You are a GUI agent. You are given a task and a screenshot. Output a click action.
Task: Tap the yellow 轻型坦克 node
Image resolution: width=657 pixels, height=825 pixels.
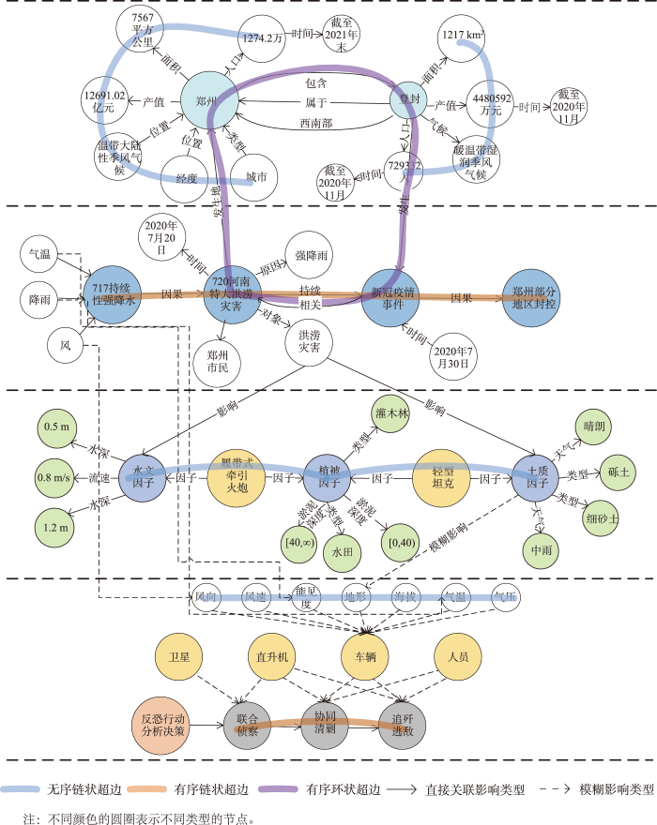pos(441,478)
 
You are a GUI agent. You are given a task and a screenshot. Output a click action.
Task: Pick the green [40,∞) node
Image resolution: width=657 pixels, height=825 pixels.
pos(299,543)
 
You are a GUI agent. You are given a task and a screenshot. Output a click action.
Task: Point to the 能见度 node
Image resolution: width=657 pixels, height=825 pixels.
pos(306,596)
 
